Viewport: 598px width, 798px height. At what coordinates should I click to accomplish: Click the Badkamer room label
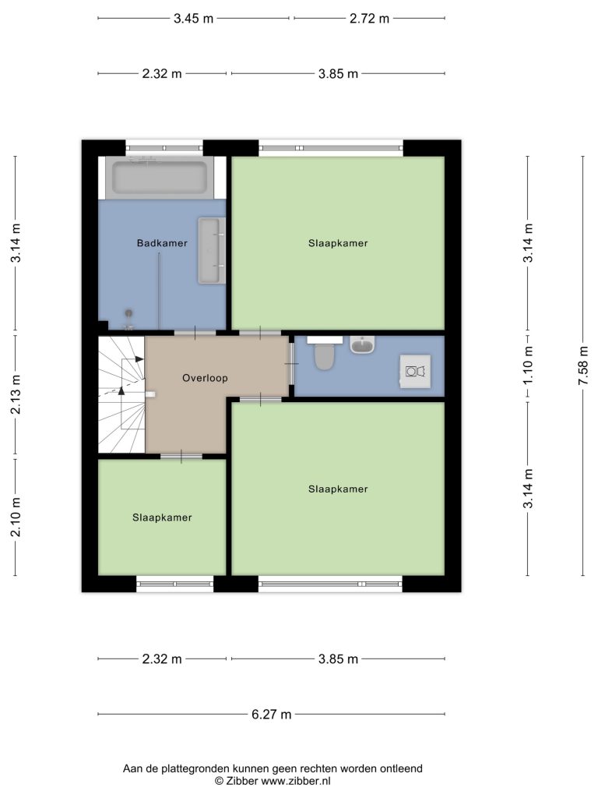(162, 243)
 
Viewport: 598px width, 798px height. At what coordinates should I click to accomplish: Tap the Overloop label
(205, 378)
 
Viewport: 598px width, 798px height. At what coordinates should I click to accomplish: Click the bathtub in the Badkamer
(160, 178)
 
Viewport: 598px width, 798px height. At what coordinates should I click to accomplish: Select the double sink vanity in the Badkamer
(212, 250)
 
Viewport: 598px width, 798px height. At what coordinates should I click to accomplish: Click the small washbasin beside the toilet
(362, 344)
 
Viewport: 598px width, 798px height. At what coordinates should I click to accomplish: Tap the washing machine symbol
(415, 372)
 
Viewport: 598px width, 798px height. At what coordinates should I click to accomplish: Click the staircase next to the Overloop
(121, 394)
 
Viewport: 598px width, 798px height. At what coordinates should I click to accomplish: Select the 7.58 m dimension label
(583, 365)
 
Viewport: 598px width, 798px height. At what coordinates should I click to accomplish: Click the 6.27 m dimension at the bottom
(272, 715)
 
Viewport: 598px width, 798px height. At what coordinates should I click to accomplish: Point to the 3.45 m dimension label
(193, 19)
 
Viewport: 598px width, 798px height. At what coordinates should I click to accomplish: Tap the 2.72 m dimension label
(369, 19)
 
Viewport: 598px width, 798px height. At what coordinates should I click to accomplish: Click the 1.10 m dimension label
(529, 365)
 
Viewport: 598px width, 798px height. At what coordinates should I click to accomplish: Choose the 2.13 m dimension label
(16, 394)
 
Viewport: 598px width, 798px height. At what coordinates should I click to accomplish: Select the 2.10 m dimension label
(16, 517)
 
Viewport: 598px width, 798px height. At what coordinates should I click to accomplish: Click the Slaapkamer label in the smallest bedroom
(162, 517)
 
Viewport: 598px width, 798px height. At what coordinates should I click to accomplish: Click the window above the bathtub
(164, 148)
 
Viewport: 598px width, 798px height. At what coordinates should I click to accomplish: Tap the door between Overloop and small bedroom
(181, 457)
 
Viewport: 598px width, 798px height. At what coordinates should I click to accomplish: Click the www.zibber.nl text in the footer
(296, 781)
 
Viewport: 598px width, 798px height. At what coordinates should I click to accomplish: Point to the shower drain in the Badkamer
(128, 313)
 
